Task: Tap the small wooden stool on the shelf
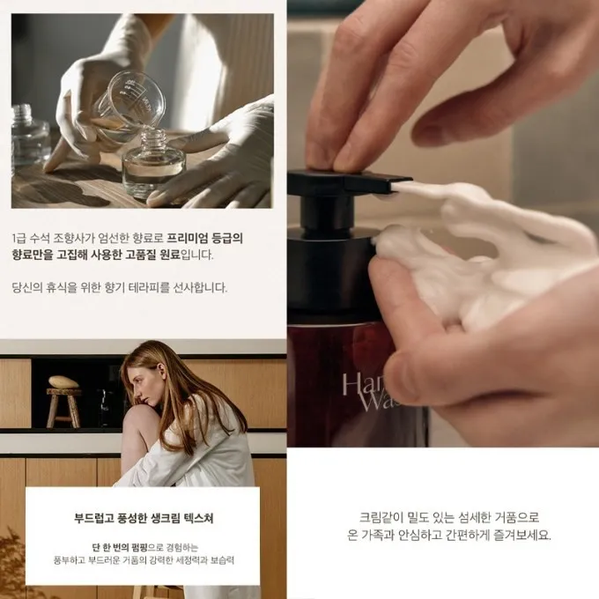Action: [x=63, y=408]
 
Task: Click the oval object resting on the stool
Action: [x=63, y=381]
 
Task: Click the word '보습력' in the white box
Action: [x=222, y=560]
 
